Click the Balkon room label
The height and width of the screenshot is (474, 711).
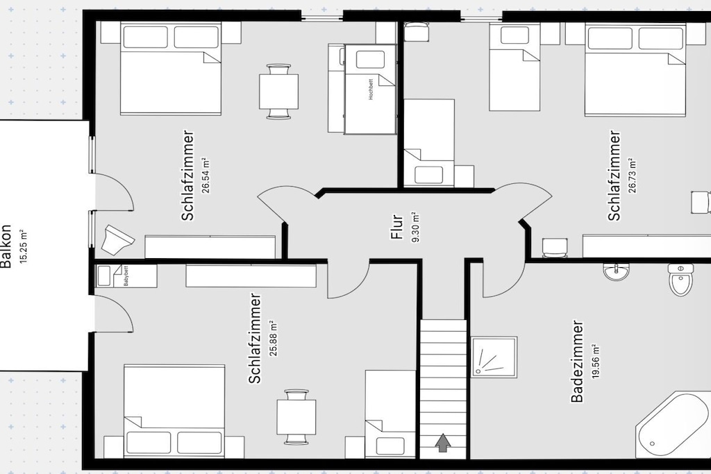point(6,247)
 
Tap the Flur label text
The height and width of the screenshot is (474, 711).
point(397,226)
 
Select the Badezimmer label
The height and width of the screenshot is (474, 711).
point(577,362)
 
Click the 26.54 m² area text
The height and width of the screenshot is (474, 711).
point(206,176)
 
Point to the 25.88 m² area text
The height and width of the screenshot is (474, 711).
point(274,338)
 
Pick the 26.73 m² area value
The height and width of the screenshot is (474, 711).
point(632,176)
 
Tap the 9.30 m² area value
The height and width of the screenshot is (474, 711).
point(415,227)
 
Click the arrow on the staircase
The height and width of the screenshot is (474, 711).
point(443,443)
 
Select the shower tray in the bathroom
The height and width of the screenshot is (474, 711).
point(494,357)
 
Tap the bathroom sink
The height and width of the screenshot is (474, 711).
point(616,272)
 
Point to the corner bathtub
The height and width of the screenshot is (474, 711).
point(672,425)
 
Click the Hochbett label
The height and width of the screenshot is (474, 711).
point(371,90)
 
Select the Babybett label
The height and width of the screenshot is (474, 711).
point(126,276)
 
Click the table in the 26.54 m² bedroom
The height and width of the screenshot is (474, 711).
point(278,92)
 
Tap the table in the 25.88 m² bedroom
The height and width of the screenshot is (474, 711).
point(296,416)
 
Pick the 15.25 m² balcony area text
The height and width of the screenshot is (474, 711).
point(24,246)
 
